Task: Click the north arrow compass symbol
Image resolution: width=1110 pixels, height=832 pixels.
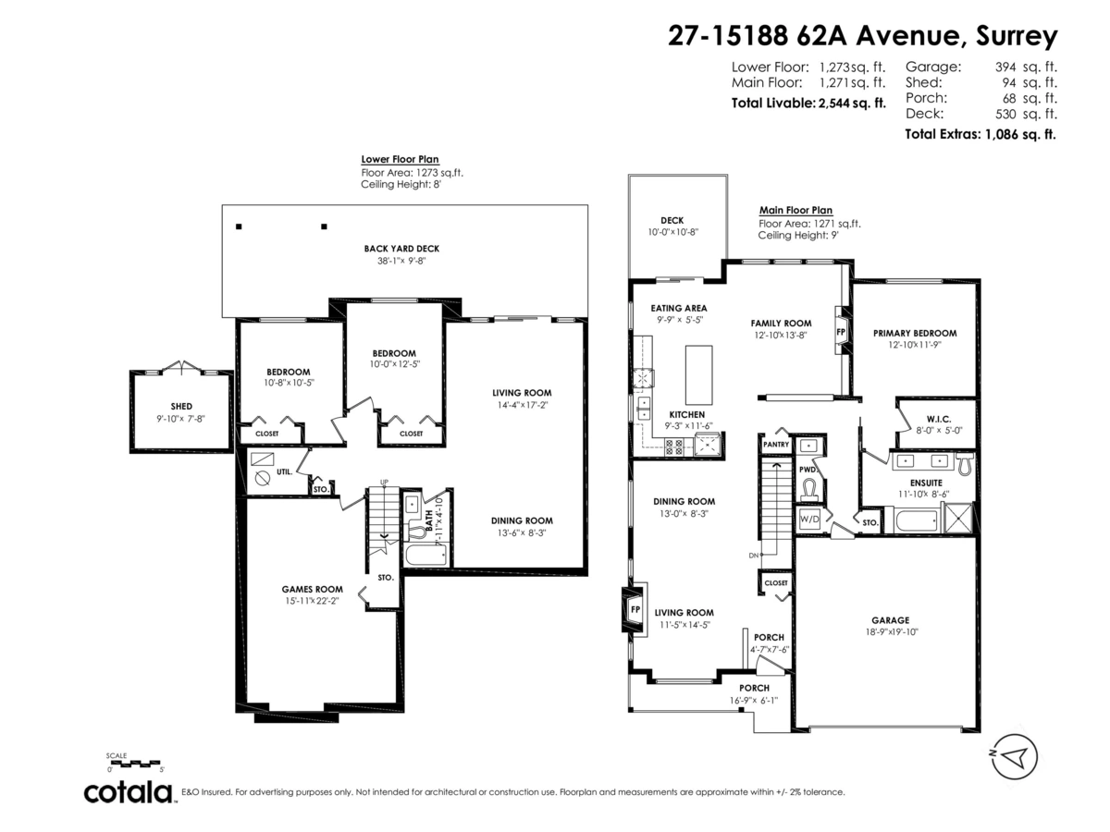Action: [1014, 757]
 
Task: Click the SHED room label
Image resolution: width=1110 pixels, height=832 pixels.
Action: [181, 406]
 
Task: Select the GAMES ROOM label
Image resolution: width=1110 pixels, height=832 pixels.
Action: [312, 589]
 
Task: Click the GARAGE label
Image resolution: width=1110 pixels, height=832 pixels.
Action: [890, 619]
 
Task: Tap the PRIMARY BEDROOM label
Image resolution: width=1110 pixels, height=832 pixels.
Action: [914, 333]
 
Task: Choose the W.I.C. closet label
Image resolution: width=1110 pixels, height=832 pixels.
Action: [939, 419]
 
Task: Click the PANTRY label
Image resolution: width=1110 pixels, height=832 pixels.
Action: [776, 445]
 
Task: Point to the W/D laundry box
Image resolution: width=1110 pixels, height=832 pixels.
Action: [809, 519]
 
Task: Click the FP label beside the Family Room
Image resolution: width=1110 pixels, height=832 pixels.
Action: [841, 332]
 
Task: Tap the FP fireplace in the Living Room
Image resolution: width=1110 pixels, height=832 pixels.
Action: [635, 610]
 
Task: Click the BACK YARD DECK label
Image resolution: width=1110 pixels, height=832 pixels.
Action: [401, 249]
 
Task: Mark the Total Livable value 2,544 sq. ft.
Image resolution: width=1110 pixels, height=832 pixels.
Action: [852, 103]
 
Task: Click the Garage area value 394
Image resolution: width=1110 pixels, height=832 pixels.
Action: [1005, 67]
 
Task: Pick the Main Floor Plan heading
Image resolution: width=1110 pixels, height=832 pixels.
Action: [795, 210]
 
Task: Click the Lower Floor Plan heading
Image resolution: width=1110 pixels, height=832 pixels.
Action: [400, 159]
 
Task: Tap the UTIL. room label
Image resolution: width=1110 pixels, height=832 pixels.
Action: [284, 471]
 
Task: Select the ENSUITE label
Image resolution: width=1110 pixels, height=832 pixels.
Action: [926, 483]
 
